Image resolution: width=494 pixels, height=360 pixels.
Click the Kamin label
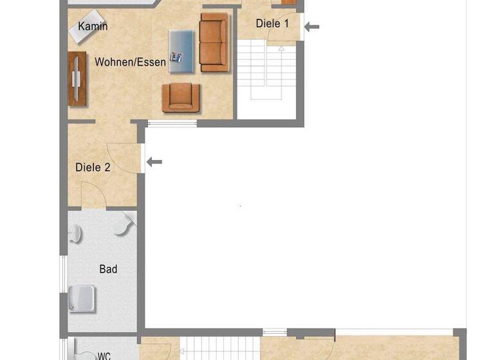coord(93,26)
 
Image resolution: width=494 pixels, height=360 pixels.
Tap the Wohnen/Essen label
coord(131,62)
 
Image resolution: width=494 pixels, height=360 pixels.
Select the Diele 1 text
coord(272,23)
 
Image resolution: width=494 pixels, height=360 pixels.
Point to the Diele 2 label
coord(93,167)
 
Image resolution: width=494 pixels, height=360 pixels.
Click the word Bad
coord(108,269)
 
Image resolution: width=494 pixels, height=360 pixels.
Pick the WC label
coord(104,355)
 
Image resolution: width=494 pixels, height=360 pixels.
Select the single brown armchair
coord(181,97)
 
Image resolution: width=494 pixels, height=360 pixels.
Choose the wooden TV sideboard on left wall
coord(77,78)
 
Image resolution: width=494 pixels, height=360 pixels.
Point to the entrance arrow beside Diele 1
coord(311,26)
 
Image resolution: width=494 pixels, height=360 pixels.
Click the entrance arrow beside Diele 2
coord(154,162)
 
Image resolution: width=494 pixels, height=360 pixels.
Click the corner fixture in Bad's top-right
coord(125,222)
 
